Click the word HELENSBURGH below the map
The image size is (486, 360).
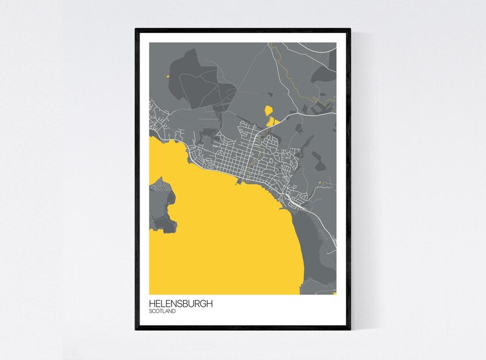click(182, 303)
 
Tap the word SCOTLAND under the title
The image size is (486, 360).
click(162, 312)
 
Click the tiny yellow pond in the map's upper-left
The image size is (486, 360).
click(166, 77)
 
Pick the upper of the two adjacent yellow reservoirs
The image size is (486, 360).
click(268, 110)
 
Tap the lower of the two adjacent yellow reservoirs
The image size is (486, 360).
click(271, 122)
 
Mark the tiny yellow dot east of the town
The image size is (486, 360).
click(320, 182)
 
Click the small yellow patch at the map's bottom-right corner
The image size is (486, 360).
click(334, 293)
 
